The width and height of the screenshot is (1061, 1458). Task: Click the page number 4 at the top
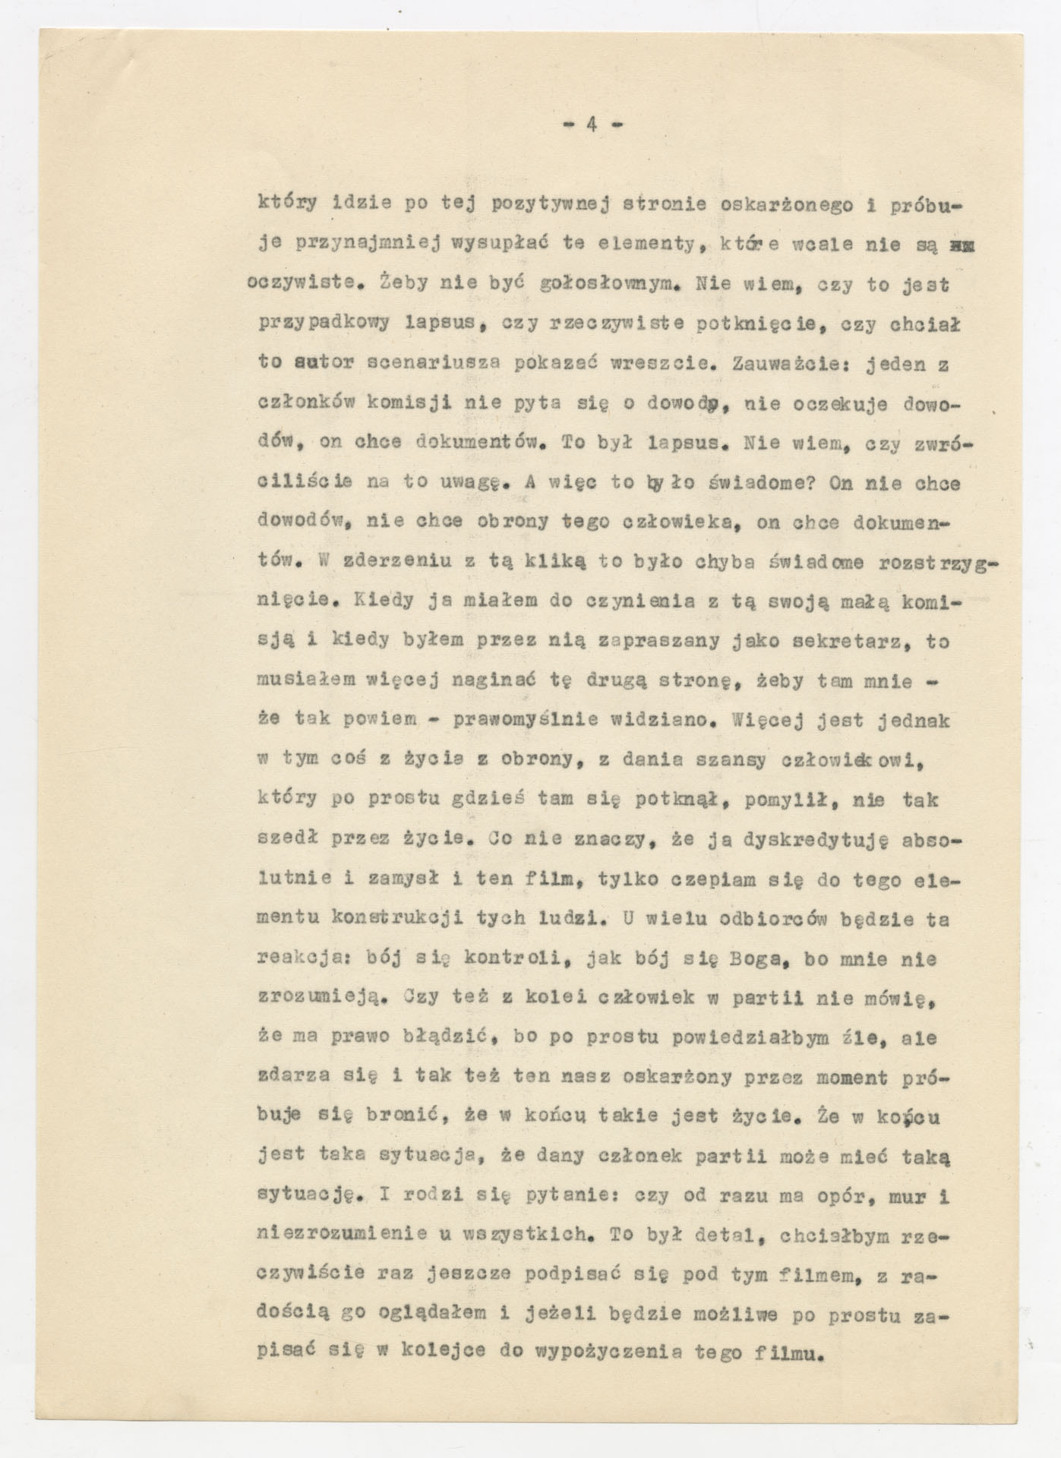click(x=590, y=125)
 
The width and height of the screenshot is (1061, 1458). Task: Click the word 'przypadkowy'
click(x=324, y=323)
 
